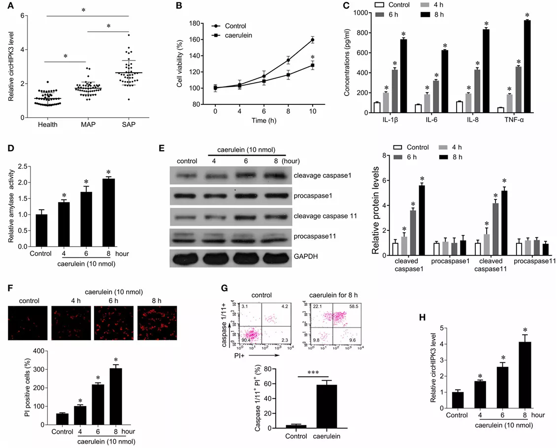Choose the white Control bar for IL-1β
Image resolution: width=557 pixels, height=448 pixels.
[363, 107]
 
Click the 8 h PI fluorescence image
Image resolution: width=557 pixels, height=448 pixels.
[157, 323]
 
